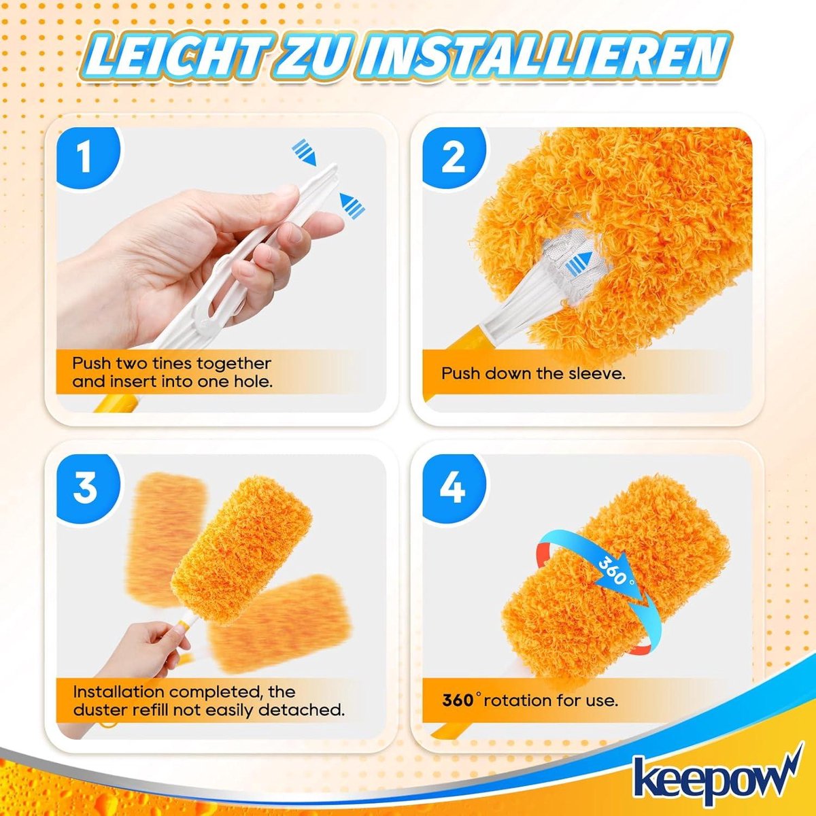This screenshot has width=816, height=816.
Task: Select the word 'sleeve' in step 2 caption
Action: click(590, 373)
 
